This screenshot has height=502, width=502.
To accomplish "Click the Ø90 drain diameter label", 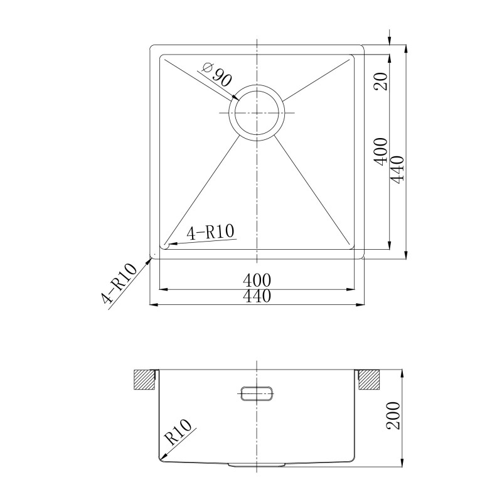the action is pos(216,75).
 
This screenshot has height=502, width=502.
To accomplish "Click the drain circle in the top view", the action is pos(256,85).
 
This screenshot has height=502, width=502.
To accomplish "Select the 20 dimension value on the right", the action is pos(382,82).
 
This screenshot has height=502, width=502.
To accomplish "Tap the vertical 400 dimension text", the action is pos(382,152).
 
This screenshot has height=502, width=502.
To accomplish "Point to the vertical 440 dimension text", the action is pos(398,170).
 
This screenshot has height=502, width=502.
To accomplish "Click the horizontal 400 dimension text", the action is pos(257,280).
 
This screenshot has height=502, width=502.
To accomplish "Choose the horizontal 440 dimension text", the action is pos(257,296).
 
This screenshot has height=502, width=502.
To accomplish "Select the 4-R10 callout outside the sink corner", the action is pos(119,284).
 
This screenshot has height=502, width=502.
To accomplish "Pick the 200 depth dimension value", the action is pos(393,415).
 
